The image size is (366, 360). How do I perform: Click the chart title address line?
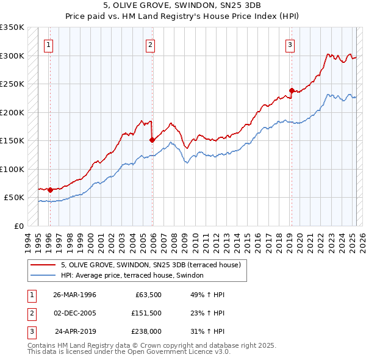point(183,5)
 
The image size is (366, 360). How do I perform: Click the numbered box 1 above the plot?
point(48,44)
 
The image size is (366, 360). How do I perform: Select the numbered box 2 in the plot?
point(150,44)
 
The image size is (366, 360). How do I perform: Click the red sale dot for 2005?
point(152,140)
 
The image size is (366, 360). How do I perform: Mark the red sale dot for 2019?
point(292,91)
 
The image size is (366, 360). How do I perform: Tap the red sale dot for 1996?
point(50,190)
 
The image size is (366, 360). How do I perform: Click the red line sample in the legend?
point(43,265)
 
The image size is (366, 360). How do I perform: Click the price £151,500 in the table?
point(146,313)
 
